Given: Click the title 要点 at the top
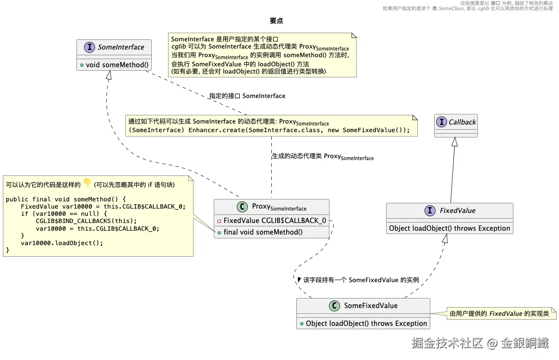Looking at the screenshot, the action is coord(276,21).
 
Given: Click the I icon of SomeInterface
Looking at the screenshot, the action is coord(89,47).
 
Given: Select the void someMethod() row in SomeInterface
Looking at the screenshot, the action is coord(114,65).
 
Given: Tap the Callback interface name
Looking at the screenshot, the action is coord(462,122).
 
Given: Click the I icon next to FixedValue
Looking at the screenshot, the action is coord(430,211).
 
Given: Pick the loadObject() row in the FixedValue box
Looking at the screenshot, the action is coord(450,228).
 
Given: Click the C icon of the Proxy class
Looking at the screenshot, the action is coord(242,207).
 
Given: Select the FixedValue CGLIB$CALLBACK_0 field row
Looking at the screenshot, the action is coord(272,221).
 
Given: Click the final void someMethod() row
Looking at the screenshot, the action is coord(260,232).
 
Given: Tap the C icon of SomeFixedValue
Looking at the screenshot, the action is coord(334,306).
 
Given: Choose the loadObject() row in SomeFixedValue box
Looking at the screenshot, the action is coord(363,323).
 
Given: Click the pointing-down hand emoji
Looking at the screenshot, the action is coord(87,183).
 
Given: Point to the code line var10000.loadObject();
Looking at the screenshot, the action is coord(61,243).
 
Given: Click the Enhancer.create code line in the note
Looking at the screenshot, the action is coord(269,130).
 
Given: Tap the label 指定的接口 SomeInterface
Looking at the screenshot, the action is coord(247,96).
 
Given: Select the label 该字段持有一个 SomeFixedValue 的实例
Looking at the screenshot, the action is coord(361,280).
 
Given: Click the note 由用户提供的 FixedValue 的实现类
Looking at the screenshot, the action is coord(499,313).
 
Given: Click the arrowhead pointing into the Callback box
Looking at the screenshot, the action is coord(454,142).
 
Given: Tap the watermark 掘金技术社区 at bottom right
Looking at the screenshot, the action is coord(447,343).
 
